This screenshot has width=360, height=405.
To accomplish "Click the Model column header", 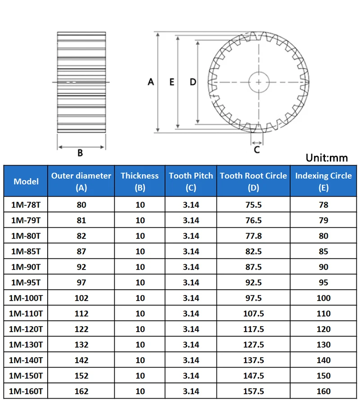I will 26,181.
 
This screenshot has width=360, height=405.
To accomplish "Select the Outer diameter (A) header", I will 81,181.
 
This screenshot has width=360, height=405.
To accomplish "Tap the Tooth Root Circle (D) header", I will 253,181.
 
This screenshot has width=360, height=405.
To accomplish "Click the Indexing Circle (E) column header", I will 323,181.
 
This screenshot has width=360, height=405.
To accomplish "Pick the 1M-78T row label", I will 26,205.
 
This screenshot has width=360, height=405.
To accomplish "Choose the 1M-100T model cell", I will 26,298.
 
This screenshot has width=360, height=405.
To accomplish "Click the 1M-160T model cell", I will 26,391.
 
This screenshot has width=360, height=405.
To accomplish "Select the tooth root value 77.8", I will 253,236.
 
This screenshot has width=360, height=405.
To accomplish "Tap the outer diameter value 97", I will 81,283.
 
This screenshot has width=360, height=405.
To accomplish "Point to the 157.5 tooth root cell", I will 253,391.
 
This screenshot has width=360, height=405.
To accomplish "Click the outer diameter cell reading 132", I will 81,345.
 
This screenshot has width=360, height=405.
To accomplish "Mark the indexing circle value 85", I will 323,252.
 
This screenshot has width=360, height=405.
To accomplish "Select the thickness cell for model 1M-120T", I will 140,329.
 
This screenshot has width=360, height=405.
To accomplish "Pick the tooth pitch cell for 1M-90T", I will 191,267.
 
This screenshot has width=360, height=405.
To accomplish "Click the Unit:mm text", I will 327,157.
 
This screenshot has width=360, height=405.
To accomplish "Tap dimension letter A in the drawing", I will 151,82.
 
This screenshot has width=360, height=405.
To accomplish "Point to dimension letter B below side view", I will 80,153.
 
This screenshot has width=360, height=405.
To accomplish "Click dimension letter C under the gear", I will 256,150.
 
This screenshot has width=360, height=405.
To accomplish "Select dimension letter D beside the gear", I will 193,82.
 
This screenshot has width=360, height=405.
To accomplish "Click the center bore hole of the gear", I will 259,82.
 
